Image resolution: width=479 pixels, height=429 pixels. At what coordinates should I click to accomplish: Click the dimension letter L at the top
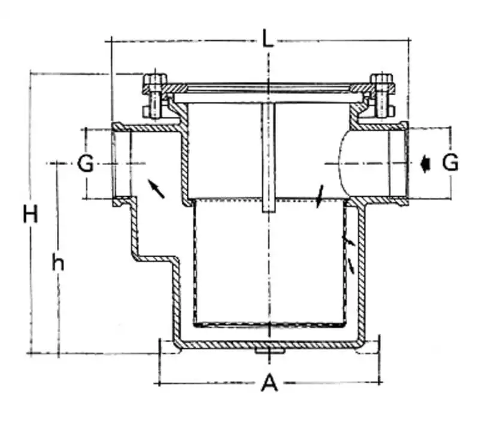268,38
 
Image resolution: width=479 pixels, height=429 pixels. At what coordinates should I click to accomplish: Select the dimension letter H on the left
31,214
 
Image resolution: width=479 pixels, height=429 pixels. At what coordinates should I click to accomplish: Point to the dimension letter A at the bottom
269,383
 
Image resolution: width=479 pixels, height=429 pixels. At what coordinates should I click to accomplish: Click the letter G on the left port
85,163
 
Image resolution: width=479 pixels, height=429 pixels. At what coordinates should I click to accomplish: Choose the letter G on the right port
450,162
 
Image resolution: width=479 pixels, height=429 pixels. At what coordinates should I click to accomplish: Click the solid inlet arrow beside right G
425,164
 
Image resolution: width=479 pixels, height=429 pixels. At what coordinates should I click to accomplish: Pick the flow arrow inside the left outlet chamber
156,188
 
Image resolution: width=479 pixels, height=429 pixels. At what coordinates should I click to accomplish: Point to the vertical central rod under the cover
268,157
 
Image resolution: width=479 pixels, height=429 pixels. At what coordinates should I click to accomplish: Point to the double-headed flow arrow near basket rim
320,196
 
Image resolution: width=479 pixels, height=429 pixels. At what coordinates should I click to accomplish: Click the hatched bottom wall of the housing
269,345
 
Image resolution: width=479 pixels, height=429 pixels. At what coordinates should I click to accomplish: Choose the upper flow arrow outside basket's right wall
349,241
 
